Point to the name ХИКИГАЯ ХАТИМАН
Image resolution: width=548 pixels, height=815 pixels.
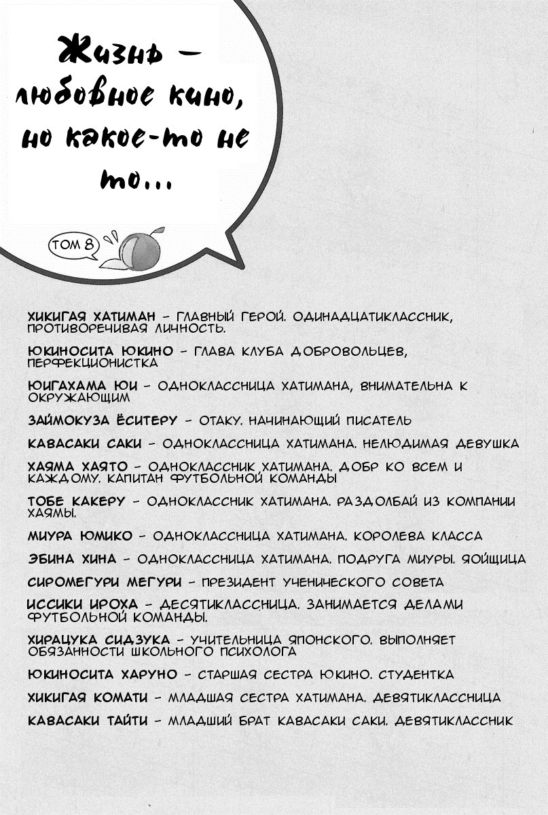(92, 316)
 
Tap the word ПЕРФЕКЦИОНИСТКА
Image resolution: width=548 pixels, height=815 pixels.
(92, 362)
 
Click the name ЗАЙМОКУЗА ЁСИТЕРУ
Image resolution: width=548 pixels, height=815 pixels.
(102, 420)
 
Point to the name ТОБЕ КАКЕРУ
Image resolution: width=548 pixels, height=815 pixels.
(76, 501)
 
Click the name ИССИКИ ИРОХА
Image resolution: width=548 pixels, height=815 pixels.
(82, 604)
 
